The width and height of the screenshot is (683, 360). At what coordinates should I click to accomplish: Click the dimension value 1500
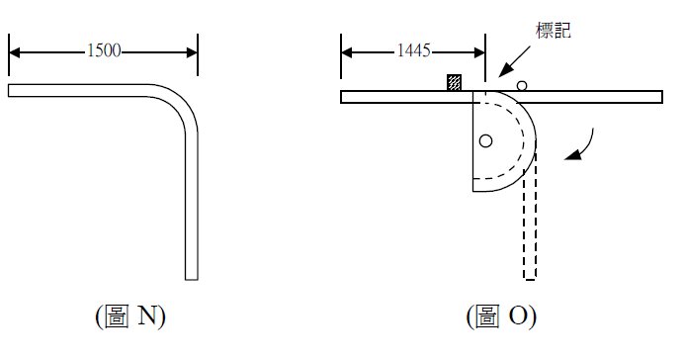click(104, 50)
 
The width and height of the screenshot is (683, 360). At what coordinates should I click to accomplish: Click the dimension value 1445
click(413, 50)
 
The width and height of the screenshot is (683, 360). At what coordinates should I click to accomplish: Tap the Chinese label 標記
click(553, 30)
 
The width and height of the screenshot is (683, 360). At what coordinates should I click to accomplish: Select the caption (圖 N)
click(130, 316)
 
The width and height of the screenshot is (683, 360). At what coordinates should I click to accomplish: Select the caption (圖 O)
click(501, 316)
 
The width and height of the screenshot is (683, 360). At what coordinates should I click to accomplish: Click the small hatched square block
click(454, 82)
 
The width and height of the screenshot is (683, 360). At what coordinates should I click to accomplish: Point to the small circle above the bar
click(522, 86)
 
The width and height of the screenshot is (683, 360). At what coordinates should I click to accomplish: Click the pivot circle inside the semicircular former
click(485, 140)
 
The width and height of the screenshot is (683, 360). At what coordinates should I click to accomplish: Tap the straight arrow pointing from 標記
click(514, 61)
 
